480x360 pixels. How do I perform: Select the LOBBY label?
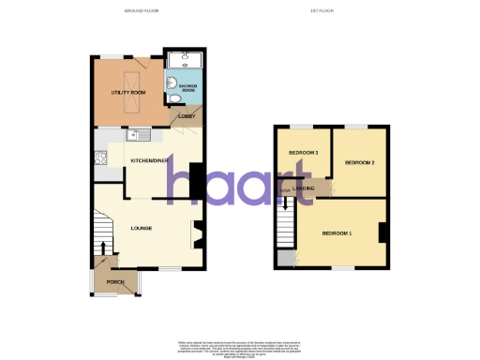point(186,116)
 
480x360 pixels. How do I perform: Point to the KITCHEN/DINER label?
point(151,160)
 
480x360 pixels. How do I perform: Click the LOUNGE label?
point(142,228)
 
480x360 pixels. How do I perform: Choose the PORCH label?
point(115,281)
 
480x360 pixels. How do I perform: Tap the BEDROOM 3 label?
point(304,153)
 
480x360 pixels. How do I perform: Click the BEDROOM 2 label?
point(359,163)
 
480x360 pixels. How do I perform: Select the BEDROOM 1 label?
point(337,232)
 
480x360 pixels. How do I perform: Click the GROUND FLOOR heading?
point(141,11)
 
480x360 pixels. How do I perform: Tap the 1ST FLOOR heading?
point(323,11)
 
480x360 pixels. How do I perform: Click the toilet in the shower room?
point(175,97)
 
